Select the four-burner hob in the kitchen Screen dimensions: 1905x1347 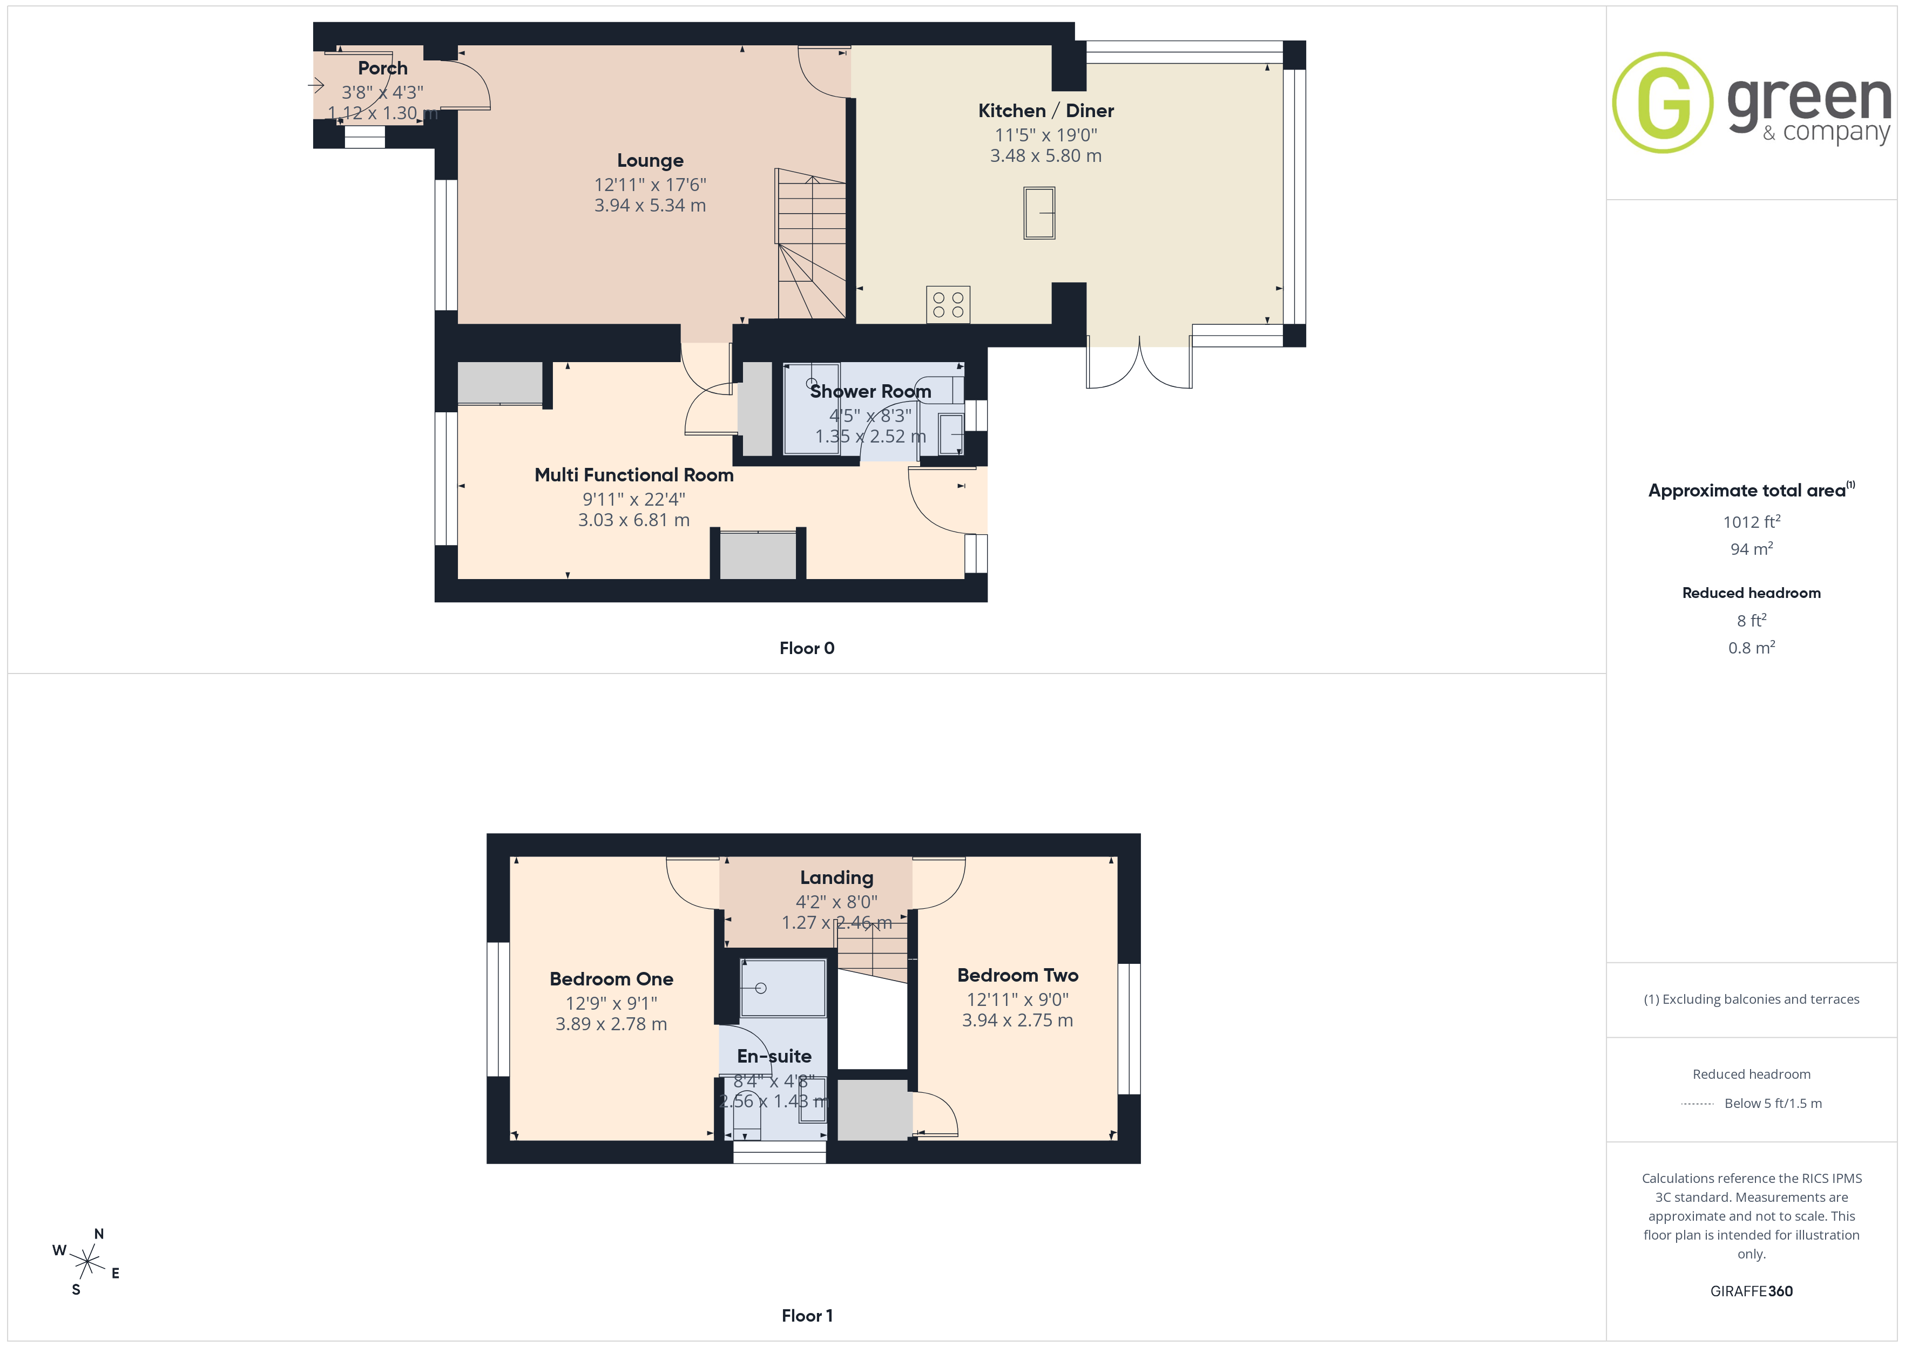pyautogui.click(x=948, y=304)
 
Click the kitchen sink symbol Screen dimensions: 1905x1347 pyautogui.click(x=1039, y=213)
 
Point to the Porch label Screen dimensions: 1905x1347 pyautogui.click(x=382, y=68)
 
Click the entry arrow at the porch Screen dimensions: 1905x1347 pyautogui.click(x=315, y=85)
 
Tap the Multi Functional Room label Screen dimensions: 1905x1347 pyautogui.click(x=634, y=475)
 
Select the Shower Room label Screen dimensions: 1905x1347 pyautogui.click(x=870, y=391)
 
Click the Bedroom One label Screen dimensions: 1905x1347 pyautogui.click(x=611, y=979)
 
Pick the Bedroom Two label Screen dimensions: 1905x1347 pyautogui.click(x=1017, y=975)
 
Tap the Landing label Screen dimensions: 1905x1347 pyautogui.click(x=836, y=877)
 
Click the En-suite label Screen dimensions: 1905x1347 pyautogui.click(x=774, y=1056)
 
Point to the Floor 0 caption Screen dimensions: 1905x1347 pyautogui.click(x=807, y=649)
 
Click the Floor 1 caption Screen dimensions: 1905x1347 pyautogui.click(x=807, y=1316)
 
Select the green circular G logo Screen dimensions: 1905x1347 pyautogui.click(x=1662, y=103)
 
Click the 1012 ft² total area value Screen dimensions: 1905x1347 pyautogui.click(x=1752, y=522)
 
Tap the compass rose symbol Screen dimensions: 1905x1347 pyautogui.click(x=87, y=1262)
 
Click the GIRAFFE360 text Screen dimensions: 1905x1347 pyautogui.click(x=1752, y=1291)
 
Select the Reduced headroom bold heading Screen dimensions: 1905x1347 pyautogui.click(x=1752, y=593)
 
